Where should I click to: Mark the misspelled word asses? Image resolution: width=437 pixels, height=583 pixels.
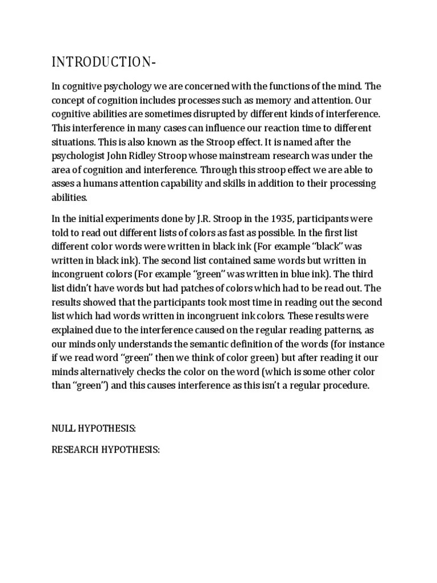coord(63,184)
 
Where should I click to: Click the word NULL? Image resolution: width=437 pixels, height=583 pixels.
coord(64,427)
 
